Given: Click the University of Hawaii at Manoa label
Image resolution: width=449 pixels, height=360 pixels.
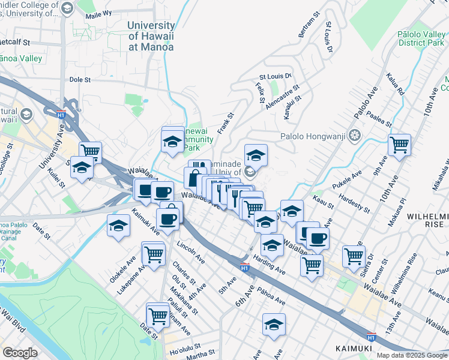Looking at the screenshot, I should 151,36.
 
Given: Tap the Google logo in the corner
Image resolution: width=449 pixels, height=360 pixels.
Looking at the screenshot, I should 20,353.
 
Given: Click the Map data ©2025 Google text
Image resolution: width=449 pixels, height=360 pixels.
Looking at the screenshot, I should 411,355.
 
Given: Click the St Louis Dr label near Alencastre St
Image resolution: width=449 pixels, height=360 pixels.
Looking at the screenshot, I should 274,76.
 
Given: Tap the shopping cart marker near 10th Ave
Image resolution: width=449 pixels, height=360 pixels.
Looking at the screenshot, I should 399,145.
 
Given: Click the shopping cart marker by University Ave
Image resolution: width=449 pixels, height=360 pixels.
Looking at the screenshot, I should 90,152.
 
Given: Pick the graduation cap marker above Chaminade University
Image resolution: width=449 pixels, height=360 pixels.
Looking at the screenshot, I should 256,155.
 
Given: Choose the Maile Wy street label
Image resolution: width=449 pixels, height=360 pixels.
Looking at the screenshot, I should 99,13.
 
